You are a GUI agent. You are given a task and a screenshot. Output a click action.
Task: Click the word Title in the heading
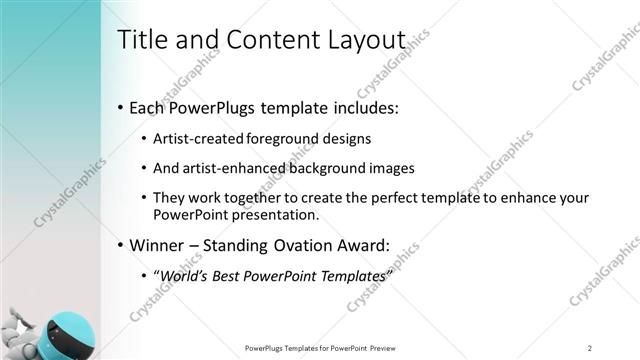(142, 39)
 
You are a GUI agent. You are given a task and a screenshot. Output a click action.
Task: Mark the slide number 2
(590, 348)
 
